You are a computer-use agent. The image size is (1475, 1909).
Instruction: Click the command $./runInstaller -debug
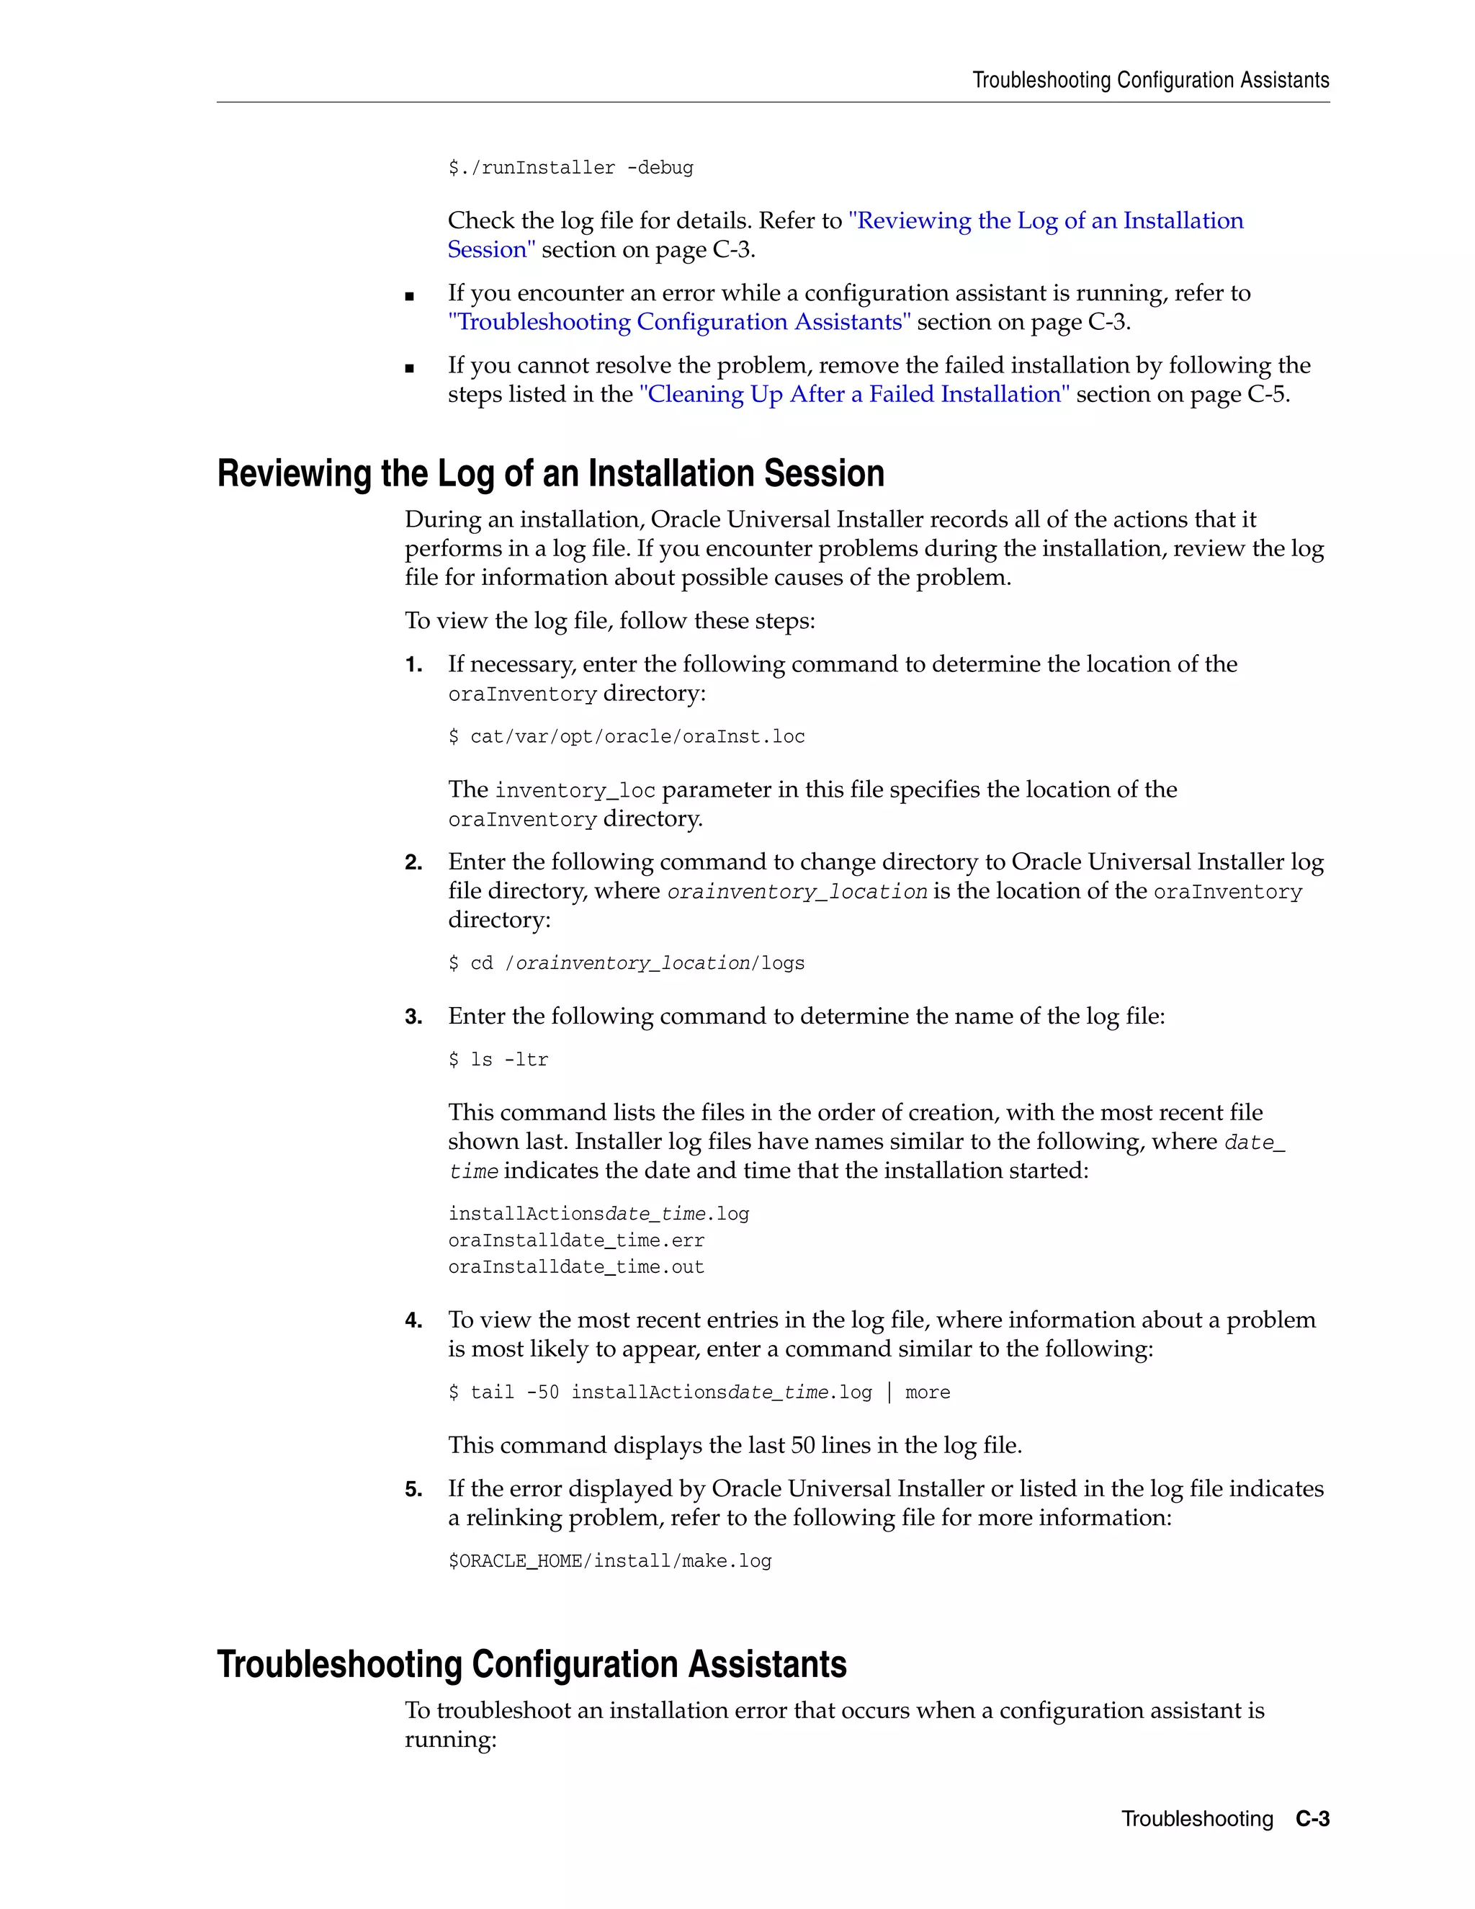pyautogui.click(x=570, y=168)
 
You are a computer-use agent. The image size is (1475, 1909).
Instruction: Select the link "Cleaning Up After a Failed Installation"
pyautogui.click(x=853, y=394)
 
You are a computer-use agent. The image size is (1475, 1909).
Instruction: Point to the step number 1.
pyautogui.click(x=413, y=665)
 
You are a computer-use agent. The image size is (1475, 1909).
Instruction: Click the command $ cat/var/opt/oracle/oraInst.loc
pyautogui.click(x=626, y=737)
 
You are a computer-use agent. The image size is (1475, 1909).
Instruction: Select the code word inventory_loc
pyautogui.click(x=574, y=791)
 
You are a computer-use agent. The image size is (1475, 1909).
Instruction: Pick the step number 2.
pyautogui.click(x=413, y=863)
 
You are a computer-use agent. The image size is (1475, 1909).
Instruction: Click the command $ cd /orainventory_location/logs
pyautogui.click(x=626, y=963)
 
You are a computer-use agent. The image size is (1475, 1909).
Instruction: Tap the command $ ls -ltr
pyautogui.click(x=498, y=1060)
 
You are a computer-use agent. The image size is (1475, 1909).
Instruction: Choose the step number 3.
pyautogui.click(x=413, y=1016)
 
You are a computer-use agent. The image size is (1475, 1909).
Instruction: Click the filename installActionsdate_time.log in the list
pyautogui.click(x=598, y=1214)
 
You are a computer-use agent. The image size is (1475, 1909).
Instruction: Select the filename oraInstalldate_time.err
pyautogui.click(x=576, y=1240)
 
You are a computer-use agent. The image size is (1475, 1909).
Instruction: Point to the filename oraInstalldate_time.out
pyautogui.click(x=576, y=1267)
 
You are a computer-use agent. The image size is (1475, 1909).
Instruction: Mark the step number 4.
pyautogui.click(x=413, y=1320)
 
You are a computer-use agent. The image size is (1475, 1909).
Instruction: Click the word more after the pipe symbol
pyautogui.click(x=927, y=1392)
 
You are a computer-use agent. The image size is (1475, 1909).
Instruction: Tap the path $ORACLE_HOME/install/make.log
pyautogui.click(x=609, y=1561)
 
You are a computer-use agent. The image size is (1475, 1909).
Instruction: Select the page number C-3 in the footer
pyautogui.click(x=1312, y=1819)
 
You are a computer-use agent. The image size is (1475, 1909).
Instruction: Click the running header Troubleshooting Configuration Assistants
pyautogui.click(x=1150, y=81)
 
